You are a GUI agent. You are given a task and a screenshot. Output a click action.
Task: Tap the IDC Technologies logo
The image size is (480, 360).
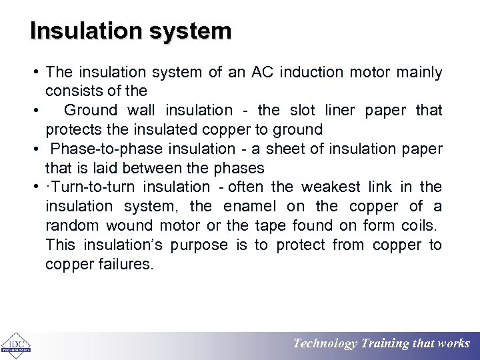pyautogui.click(x=14, y=345)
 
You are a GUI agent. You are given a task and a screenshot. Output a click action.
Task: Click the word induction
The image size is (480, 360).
pyautogui.click(x=311, y=72)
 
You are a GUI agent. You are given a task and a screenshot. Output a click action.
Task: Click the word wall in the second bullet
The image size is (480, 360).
pyautogui.click(x=141, y=110)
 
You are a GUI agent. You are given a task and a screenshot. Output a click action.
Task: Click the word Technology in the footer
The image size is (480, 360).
pyautogui.click(x=325, y=344)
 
